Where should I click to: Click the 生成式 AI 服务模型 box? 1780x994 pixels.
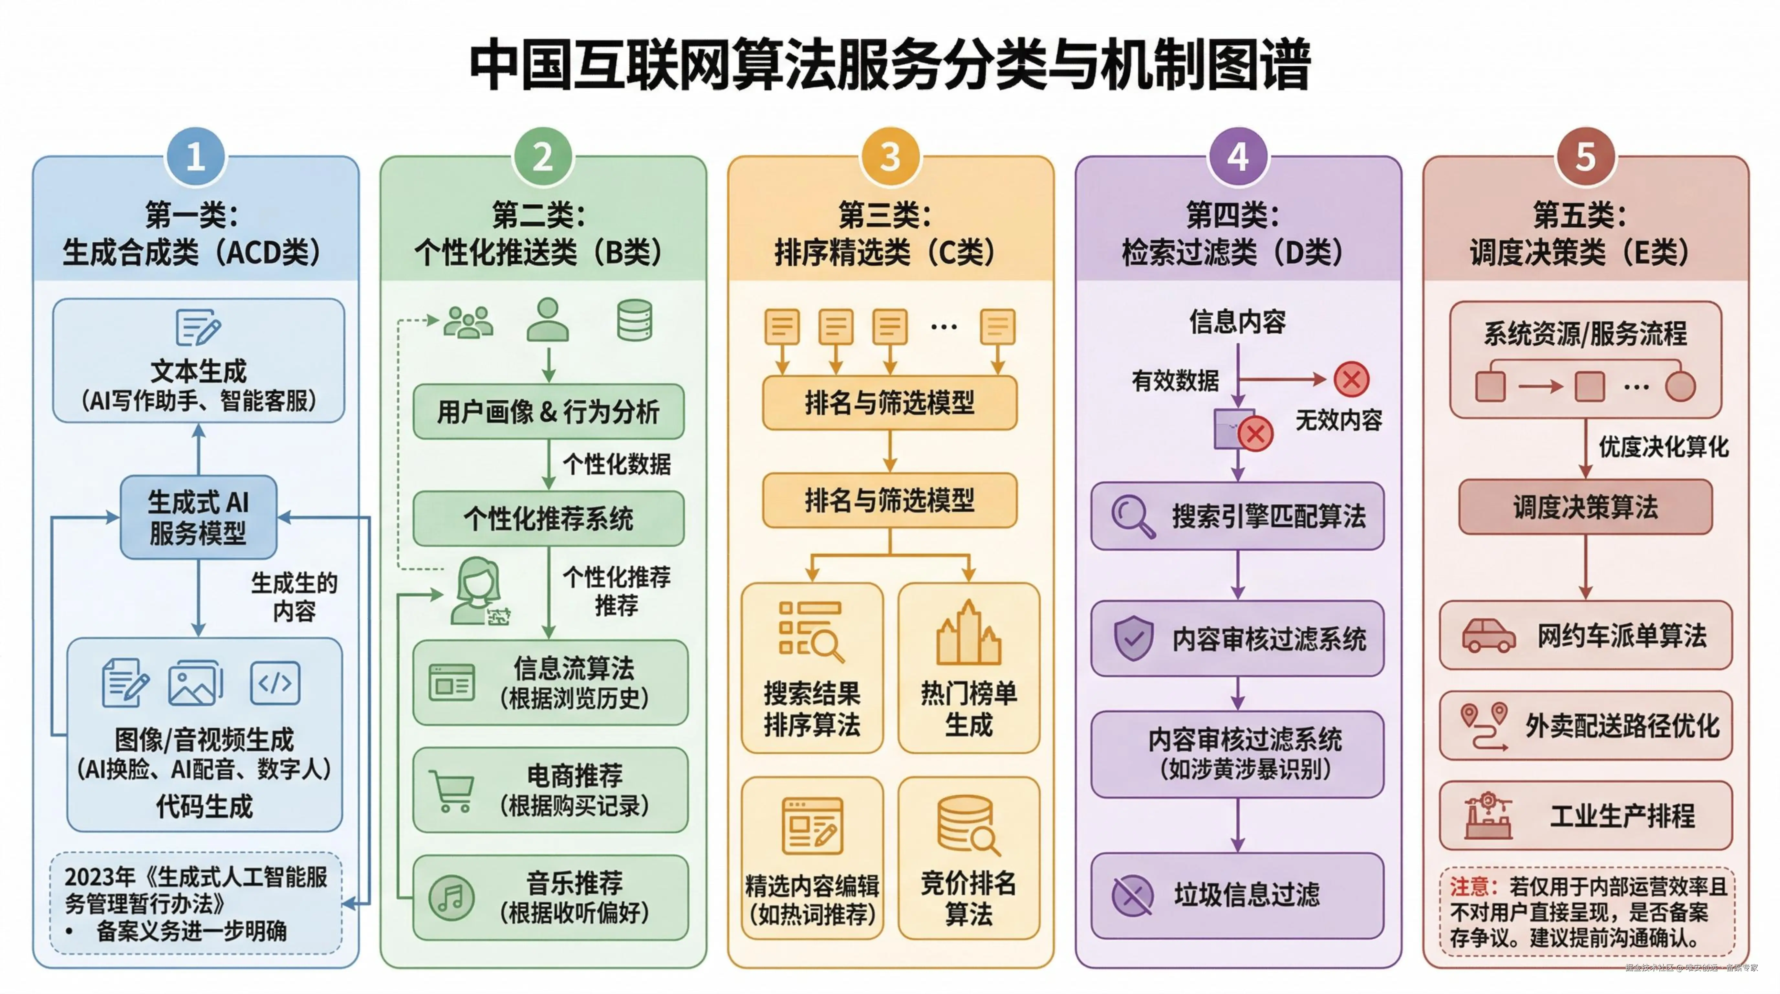coord(198,517)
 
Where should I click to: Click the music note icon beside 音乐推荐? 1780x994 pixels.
coord(451,897)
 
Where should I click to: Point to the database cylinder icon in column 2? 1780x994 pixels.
coord(634,320)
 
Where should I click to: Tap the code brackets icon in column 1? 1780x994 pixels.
coord(275,683)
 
